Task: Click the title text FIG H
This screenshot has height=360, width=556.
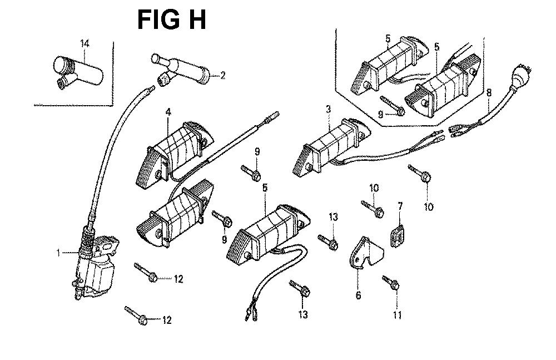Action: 172,19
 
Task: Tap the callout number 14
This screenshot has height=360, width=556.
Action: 84,43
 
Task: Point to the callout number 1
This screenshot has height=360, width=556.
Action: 58,253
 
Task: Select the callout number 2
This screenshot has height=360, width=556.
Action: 222,76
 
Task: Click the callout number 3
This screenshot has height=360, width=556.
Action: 328,110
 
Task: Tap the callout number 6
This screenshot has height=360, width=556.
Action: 358,295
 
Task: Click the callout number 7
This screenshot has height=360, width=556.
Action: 399,207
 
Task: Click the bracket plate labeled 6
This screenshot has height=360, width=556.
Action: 364,256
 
